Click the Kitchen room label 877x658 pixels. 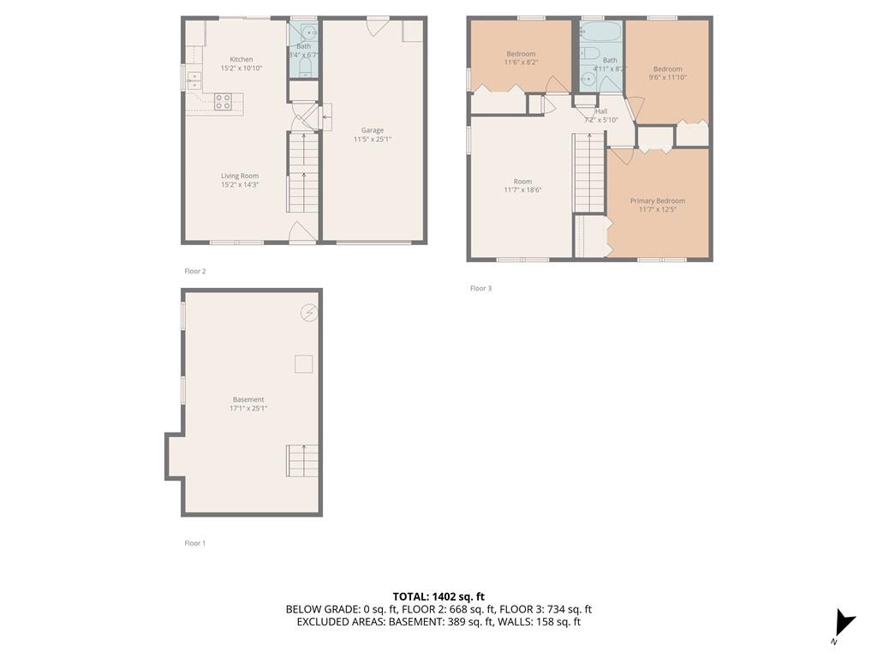242,59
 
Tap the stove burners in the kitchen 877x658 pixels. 224,102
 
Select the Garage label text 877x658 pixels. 373,130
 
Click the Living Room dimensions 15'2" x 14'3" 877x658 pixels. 240,185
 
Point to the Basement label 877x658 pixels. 248,399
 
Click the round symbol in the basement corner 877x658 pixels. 309,312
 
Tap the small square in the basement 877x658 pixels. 304,363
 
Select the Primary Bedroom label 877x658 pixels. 658,200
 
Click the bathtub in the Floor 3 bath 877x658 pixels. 600,32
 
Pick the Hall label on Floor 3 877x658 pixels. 601,111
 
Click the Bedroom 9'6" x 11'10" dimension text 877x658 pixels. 668,78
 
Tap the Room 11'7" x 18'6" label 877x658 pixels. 523,186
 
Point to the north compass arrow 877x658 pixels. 844,622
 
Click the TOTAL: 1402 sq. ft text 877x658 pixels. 438,596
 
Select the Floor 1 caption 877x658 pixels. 195,542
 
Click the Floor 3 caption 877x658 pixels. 481,288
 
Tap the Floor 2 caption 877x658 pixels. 195,272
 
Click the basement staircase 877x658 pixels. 302,460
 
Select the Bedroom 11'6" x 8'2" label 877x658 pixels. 521,58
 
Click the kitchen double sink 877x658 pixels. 194,81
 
